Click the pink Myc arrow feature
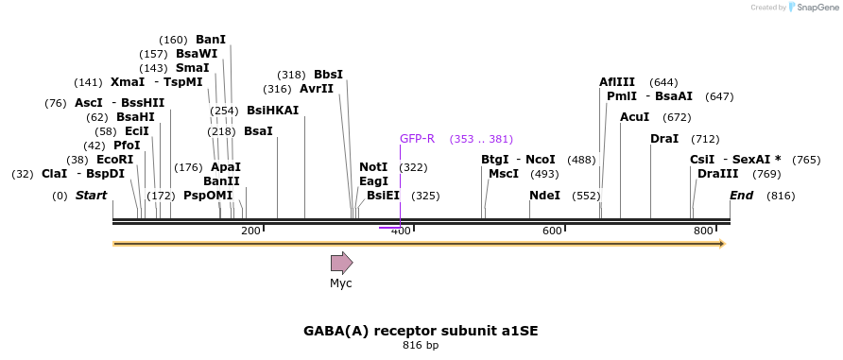(x=341, y=263)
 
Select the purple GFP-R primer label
(x=417, y=139)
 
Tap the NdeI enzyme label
(x=544, y=196)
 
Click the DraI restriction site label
(x=664, y=139)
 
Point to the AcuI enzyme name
(x=635, y=117)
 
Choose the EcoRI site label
(x=114, y=160)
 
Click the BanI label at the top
(x=211, y=40)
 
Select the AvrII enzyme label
(x=317, y=89)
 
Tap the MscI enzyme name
(x=504, y=174)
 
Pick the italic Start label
(x=91, y=195)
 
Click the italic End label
(x=741, y=195)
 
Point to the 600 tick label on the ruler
(x=552, y=231)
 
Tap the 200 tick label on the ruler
(x=250, y=231)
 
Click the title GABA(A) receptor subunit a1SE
(x=421, y=331)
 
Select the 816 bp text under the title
(x=421, y=346)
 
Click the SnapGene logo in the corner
(x=814, y=7)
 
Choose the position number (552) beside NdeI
(x=586, y=197)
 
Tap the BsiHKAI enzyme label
(x=272, y=111)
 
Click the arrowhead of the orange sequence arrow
(x=723, y=244)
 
